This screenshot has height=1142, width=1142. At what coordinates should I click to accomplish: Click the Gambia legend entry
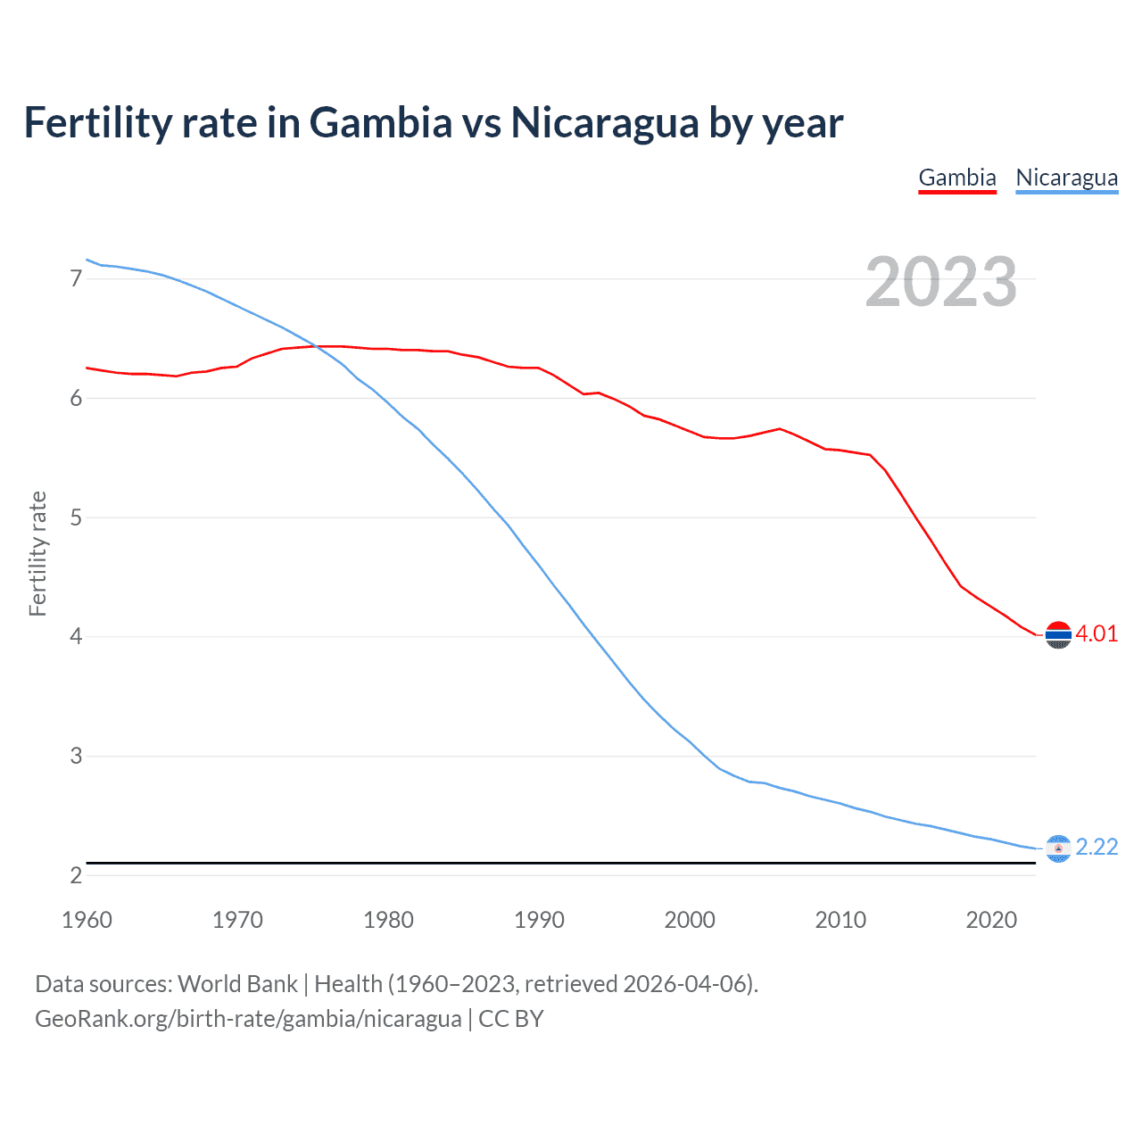[956, 178]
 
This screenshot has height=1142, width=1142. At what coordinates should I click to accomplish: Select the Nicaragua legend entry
[1066, 178]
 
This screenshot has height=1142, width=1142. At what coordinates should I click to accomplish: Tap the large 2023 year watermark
[940, 282]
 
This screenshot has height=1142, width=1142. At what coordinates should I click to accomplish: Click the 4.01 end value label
[1096, 634]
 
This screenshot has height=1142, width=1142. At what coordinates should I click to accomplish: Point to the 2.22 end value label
[1096, 847]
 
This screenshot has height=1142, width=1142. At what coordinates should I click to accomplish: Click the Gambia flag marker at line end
[1058, 635]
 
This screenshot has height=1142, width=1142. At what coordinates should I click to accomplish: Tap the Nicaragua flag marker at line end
[1058, 848]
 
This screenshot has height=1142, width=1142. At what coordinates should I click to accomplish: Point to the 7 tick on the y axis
[76, 279]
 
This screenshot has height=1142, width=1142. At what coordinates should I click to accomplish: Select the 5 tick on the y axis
[76, 517]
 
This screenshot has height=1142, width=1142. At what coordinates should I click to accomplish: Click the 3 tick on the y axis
[76, 756]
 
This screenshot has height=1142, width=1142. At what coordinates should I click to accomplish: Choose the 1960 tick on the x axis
[87, 920]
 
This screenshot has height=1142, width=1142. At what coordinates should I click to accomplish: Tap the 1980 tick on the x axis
[388, 920]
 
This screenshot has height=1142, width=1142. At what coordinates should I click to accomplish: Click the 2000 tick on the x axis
[690, 920]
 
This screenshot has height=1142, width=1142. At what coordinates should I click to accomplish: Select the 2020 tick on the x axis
[991, 920]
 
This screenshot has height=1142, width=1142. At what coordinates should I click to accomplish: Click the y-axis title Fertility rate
[37, 553]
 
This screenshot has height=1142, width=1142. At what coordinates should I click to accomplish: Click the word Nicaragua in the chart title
[604, 123]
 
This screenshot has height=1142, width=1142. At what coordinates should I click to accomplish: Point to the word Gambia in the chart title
[381, 123]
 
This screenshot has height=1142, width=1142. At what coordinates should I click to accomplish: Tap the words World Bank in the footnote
[237, 984]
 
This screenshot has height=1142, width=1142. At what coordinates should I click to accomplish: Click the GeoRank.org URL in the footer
[248, 1019]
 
